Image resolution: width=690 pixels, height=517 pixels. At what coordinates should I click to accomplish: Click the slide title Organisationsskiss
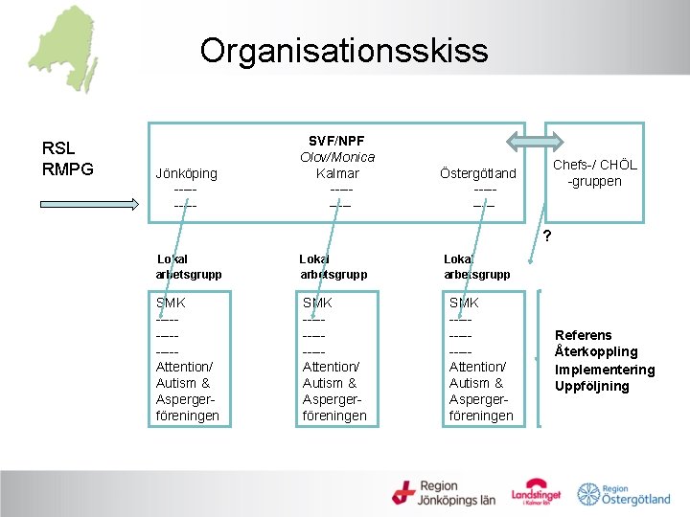point(344,50)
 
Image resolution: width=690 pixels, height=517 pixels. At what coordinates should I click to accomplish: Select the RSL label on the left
point(59,148)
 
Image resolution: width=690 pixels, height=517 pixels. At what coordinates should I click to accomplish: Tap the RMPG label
point(68,170)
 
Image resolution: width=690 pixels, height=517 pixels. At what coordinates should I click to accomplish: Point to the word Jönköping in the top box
point(186,173)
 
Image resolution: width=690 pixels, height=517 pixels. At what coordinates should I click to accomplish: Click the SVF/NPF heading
point(336,140)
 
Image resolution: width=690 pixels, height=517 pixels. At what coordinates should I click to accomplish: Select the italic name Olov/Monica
point(337,157)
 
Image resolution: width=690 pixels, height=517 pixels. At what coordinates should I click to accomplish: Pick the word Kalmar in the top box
point(337,173)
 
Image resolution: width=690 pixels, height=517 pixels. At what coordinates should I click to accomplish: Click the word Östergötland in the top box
point(477,173)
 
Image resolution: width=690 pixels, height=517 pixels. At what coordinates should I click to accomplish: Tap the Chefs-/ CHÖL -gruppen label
point(594,173)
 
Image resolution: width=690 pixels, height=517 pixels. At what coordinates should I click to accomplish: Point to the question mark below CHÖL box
point(545,236)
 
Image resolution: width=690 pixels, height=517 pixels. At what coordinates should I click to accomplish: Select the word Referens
point(584,335)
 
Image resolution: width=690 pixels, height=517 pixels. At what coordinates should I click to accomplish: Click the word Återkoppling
point(595,352)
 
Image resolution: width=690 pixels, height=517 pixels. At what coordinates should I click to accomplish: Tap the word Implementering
point(605,370)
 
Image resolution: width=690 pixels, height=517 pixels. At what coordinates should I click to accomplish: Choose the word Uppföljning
point(592,387)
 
